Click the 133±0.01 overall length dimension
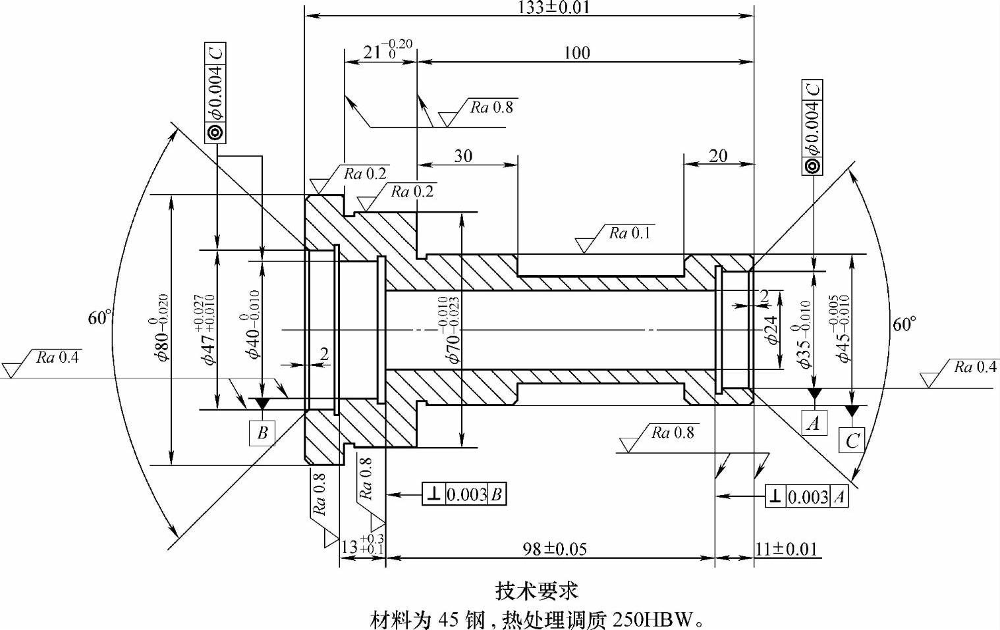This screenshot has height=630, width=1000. coord(553,7)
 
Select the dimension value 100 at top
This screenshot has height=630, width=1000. coord(577,53)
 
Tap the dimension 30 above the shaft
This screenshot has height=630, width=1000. coord(463,156)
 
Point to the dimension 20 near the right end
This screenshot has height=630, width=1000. coord(718,156)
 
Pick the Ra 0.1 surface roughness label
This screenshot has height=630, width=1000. coord(629,233)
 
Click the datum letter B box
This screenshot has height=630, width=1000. coord(262,433)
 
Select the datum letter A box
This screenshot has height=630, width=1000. coord(814,423)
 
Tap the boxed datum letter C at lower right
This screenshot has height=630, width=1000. coord(852,440)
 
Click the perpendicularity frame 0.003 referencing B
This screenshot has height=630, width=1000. coord(464,494)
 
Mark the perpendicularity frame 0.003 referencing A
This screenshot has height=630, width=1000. coord(807,496)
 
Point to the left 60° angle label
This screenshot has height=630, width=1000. coord(99,318)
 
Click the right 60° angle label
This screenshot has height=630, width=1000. coord(904,324)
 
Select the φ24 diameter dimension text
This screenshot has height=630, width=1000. coord(773,330)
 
